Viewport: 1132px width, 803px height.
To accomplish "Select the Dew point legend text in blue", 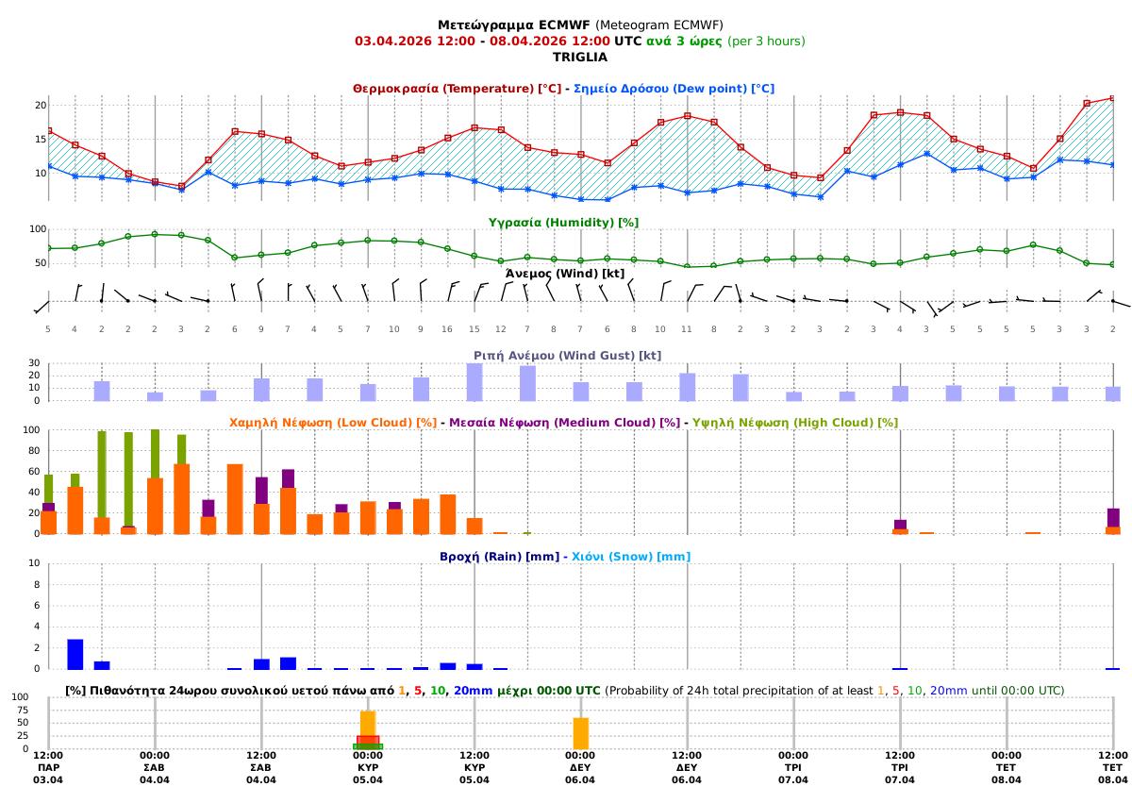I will point(674,88).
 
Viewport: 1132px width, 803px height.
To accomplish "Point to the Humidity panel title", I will point(563,222).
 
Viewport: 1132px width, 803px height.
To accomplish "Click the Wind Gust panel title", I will point(567,355).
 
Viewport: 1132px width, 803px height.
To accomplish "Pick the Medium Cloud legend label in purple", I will point(565,422).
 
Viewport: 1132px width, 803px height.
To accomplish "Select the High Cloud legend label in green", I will point(795,422).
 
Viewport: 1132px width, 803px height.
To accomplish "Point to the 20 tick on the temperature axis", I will point(41,105).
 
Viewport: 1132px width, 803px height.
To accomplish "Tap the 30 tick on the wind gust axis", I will point(34,363).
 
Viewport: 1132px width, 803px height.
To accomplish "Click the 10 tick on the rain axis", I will point(34,563).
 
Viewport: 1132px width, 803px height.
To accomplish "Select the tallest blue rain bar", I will point(75,654).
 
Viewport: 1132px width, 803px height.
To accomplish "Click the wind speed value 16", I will point(447,328).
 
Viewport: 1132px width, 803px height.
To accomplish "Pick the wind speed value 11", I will point(687,328).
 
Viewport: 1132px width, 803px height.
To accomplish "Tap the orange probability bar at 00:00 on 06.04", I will point(581,733).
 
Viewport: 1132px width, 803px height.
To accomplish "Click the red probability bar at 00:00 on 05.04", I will point(368,740).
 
